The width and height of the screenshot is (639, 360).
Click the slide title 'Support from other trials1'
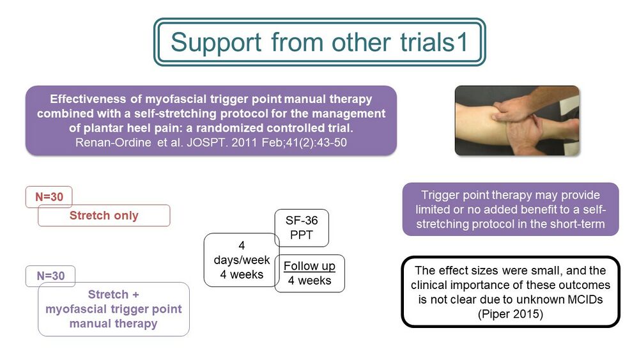click(x=319, y=42)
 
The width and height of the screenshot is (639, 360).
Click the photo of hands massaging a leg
click(x=517, y=120)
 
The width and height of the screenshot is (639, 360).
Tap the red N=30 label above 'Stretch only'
click(x=49, y=197)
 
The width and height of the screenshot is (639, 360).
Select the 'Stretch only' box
click(x=104, y=215)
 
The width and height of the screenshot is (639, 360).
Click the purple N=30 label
click(x=50, y=276)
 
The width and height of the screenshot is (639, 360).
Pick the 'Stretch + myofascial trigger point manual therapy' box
click(x=114, y=309)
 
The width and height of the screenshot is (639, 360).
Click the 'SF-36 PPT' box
click(x=302, y=228)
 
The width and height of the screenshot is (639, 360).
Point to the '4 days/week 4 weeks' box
click(x=242, y=260)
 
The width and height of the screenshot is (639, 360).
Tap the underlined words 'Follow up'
click(x=309, y=266)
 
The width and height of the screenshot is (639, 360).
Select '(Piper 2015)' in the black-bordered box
click(x=511, y=314)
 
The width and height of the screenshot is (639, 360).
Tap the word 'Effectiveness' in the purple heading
click(x=88, y=99)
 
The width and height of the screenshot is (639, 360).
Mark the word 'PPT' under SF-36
click(x=302, y=235)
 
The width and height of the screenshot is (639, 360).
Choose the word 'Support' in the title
click(x=216, y=43)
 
